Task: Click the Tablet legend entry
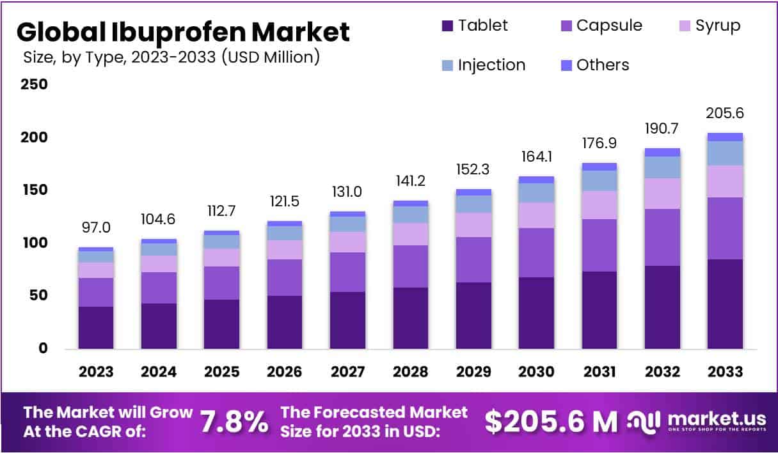pyautogui.click(x=474, y=26)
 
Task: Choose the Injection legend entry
pyautogui.click(x=483, y=65)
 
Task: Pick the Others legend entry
pyautogui.click(x=594, y=65)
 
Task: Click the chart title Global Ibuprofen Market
pyautogui.click(x=183, y=32)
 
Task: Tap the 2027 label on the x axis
pyautogui.click(x=347, y=372)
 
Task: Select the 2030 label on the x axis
pyautogui.click(x=536, y=372)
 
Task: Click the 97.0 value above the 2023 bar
pyautogui.click(x=96, y=228)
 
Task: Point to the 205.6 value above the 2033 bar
pyautogui.click(x=725, y=113)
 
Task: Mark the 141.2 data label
pyautogui.click(x=410, y=182)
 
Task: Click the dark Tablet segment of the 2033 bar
pyautogui.click(x=725, y=303)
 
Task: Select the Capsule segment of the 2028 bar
pyautogui.click(x=410, y=266)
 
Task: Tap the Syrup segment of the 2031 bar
pyautogui.click(x=599, y=204)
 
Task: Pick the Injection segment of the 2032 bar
pyautogui.click(x=662, y=167)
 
